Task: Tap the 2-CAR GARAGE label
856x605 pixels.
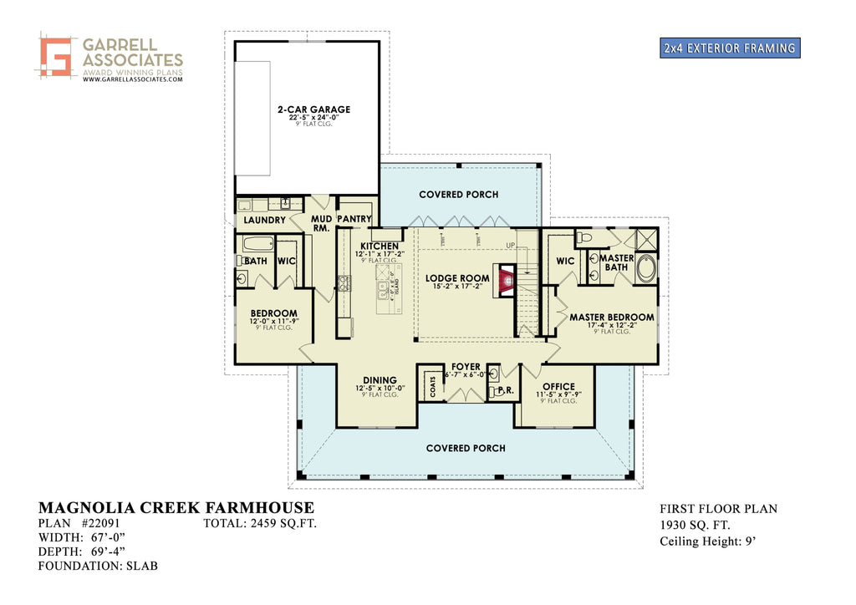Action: (x=314, y=109)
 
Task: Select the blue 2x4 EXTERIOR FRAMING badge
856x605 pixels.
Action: (x=729, y=48)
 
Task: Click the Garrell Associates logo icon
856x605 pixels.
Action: (x=55, y=57)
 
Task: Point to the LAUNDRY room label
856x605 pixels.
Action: (x=265, y=221)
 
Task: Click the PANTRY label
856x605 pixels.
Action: (x=354, y=219)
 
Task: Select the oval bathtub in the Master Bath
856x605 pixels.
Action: (x=646, y=269)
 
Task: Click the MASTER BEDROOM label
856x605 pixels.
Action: (x=611, y=318)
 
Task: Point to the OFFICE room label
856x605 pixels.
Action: (x=558, y=387)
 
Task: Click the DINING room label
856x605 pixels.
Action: (x=380, y=381)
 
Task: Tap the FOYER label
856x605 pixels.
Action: (x=466, y=367)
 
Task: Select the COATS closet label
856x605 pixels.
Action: (x=432, y=385)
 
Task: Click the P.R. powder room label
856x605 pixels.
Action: (x=504, y=390)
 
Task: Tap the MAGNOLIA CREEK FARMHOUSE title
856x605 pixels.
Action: (x=176, y=508)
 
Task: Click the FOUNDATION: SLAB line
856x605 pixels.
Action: (x=98, y=566)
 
